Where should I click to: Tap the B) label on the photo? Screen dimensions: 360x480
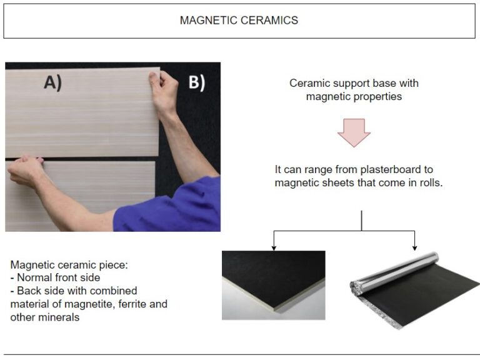197,83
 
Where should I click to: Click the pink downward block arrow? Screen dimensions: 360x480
354,131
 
